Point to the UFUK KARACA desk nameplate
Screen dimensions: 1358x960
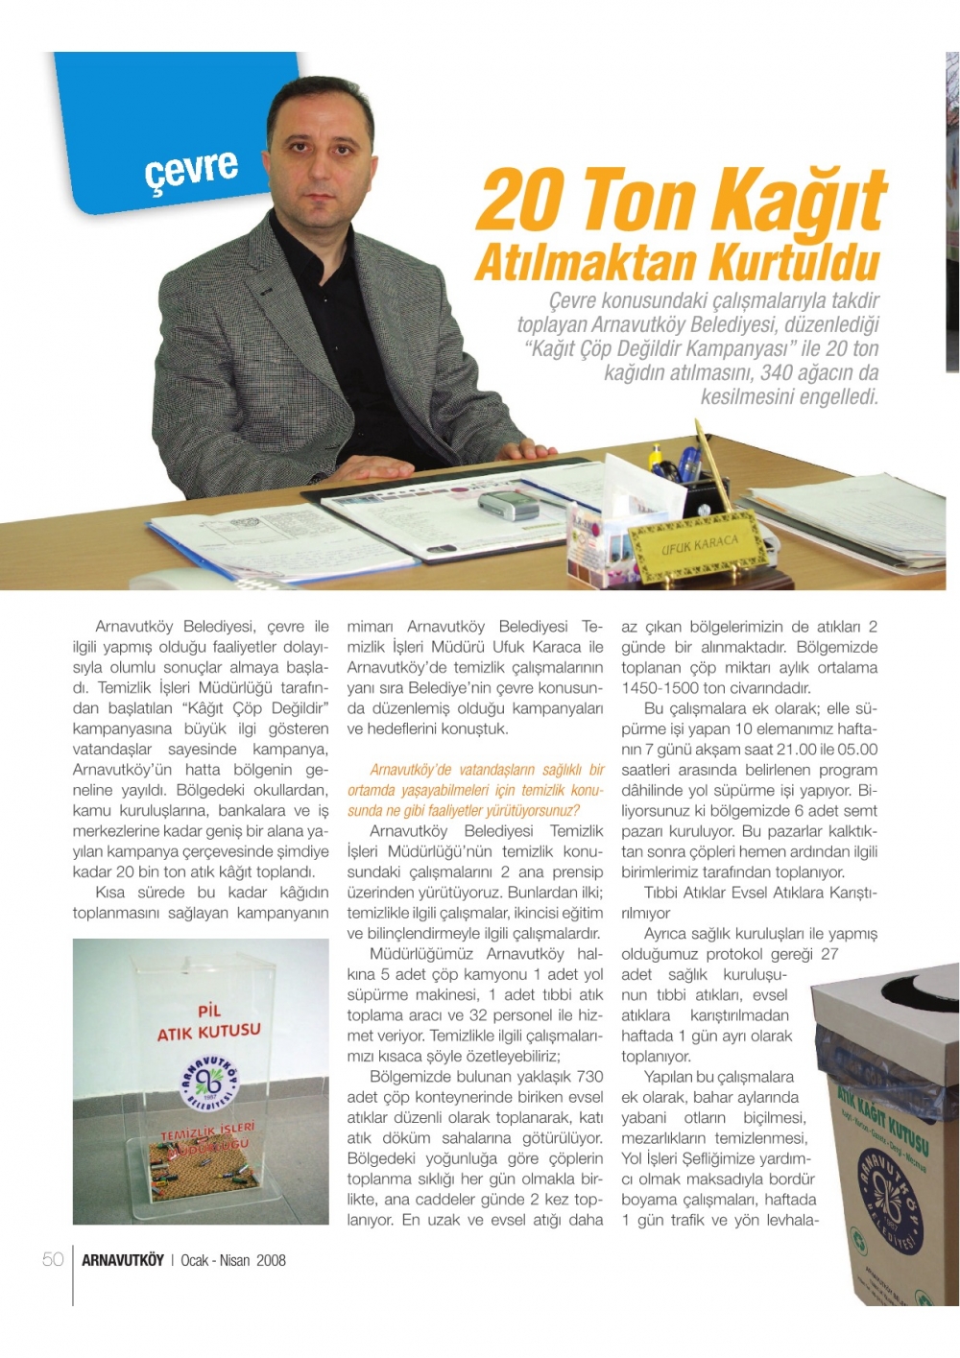coord(698,549)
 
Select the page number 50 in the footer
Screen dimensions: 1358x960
coord(53,1259)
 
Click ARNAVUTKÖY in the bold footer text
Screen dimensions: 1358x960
coord(122,1260)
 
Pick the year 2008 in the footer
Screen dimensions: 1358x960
coord(271,1260)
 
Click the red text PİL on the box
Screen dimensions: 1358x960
coord(208,1010)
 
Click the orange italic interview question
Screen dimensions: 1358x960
coord(475,790)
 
